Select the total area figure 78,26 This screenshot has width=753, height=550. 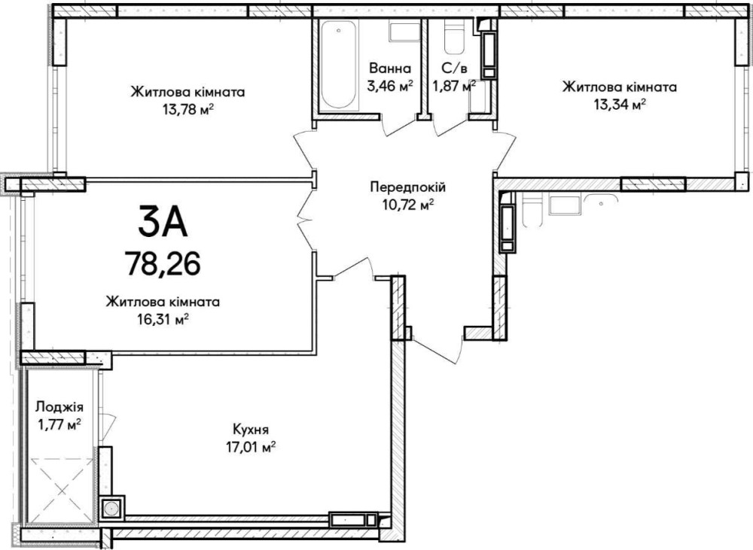pos(163,263)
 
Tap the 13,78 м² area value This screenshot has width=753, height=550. pos(187,110)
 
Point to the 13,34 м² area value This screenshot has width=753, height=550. pos(620,105)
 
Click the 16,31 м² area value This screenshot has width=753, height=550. pos(163,319)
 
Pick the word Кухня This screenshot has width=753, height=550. pos(250,429)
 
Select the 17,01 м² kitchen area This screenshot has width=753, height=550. pos(250,448)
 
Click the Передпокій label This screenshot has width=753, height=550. pos(407,187)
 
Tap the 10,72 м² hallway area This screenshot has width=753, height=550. pos(407,205)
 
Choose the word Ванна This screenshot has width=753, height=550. pos(390,68)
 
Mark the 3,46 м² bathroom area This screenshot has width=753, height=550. pos(390,87)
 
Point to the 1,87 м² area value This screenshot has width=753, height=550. pos(454,87)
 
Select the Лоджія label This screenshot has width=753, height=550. pos(59,408)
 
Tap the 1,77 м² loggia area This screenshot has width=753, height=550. pos(59,425)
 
